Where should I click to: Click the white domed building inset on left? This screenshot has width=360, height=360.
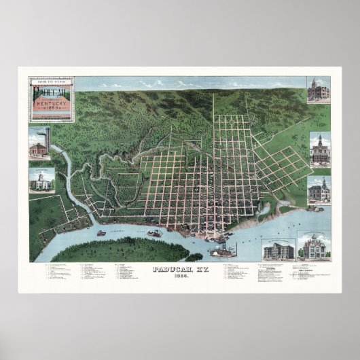41,181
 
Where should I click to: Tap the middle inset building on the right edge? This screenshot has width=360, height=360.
319,151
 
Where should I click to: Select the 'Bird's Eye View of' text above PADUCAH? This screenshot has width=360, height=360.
52,82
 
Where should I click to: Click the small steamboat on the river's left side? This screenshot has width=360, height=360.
102,233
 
